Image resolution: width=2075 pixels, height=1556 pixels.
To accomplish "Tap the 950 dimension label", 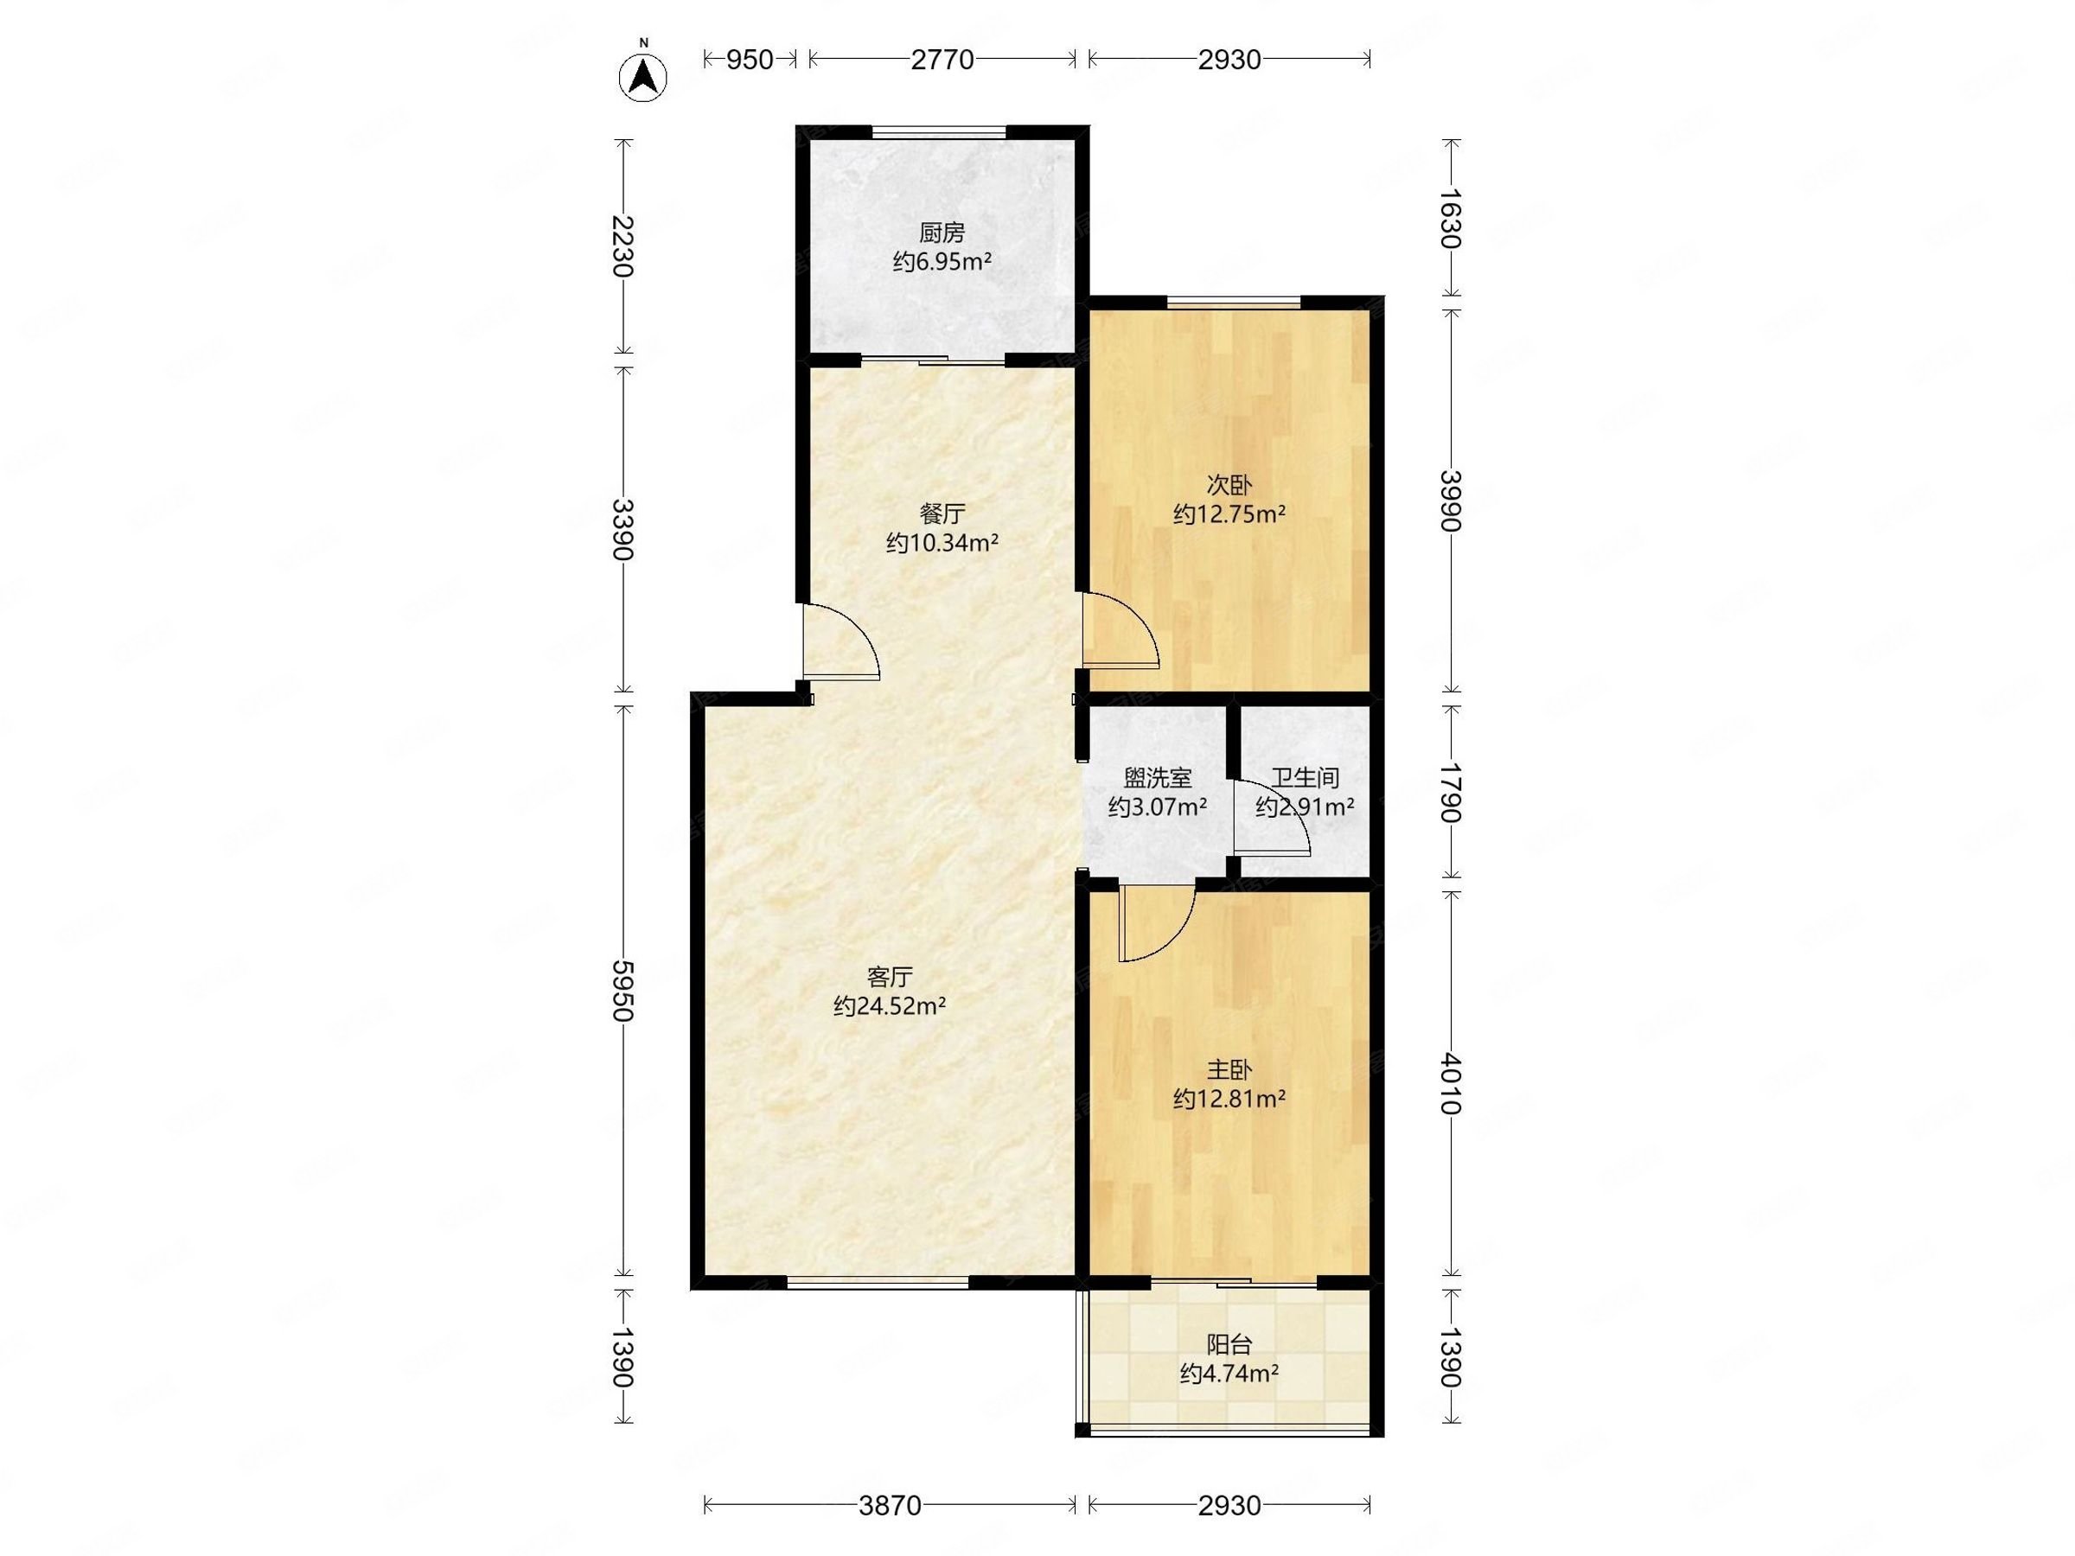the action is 750,60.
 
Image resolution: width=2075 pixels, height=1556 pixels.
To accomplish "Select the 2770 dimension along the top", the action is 942,60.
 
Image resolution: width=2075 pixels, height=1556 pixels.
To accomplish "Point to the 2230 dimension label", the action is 622,246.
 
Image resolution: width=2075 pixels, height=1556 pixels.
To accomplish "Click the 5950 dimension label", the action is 622,990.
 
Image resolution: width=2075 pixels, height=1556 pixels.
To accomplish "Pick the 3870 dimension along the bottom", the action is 891,1506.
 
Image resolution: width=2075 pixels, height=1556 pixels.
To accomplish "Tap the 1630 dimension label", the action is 1451,219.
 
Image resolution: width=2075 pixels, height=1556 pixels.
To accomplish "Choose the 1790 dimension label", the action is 1451,792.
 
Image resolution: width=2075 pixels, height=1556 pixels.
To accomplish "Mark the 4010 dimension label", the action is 1451,1083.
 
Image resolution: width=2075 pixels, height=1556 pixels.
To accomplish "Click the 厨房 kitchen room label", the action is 942,233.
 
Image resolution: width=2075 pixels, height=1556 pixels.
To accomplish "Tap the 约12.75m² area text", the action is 1229,514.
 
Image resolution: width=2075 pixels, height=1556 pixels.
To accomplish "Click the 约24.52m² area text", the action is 890,1006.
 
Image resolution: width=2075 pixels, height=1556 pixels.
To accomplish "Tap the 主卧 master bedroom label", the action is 1229,1070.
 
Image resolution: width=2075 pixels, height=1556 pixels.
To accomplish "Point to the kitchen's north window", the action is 939,132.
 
